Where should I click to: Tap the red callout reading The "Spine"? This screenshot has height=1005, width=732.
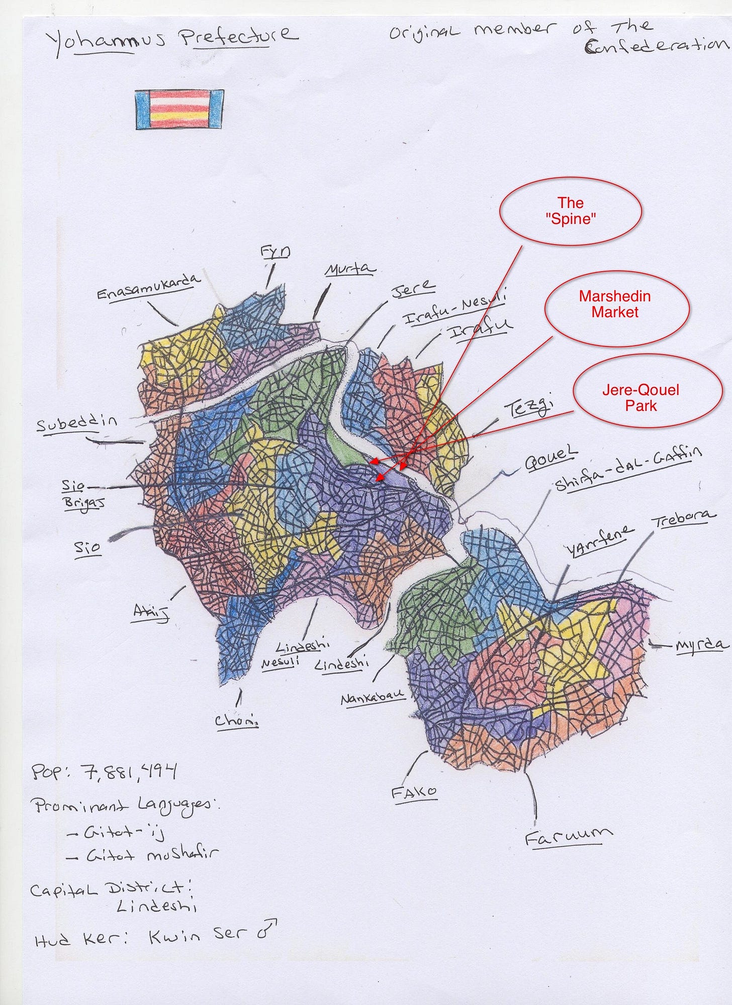(x=570, y=211)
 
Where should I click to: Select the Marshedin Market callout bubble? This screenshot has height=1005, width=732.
(x=614, y=304)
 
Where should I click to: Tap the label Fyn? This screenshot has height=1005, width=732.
(x=275, y=251)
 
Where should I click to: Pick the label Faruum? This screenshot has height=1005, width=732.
(x=568, y=837)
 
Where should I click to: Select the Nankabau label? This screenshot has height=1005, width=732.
(x=372, y=697)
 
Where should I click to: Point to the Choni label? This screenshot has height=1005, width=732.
(x=236, y=721)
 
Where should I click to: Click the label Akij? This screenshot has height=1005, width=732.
(x=150, y=613)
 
